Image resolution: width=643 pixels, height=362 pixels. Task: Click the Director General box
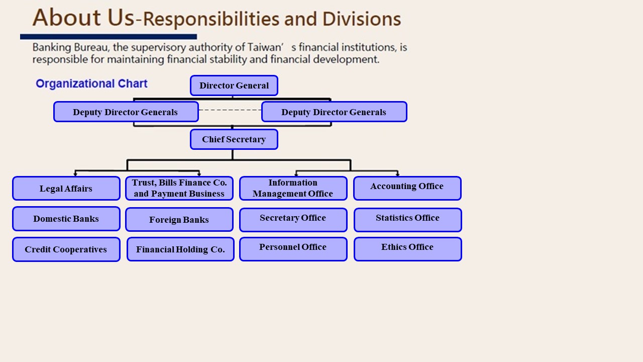click(x=234, y=85)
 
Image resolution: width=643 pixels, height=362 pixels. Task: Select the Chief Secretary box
click(x=234, y=139)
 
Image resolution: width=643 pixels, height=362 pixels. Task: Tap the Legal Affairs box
click(x=66, y=189)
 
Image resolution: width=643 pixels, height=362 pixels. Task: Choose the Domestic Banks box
click(x=66, y=219)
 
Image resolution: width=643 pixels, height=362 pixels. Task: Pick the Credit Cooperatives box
click(x=66, y=249)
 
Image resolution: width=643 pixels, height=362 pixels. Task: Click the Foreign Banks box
click(x=179, y=220)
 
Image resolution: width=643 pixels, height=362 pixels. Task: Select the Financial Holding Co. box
click(x=180, y=249)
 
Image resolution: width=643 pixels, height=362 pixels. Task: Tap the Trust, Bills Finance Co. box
click(x=179, y=188)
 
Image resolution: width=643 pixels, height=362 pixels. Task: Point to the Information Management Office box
click(x=293, y=188)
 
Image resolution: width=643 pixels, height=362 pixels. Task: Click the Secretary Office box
click(x=293, y=220)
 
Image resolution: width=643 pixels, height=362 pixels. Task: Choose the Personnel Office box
click(x=293, y=249)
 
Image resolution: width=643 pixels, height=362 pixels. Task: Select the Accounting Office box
click(x=407, y=188)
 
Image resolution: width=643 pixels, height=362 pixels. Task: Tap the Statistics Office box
click(x=407, y=220)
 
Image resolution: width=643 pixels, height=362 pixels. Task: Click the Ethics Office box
click(x=407, y=249)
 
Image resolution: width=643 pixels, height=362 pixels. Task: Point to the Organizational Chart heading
click(x=91, y=83)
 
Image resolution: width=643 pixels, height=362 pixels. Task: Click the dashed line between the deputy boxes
click(x=230, y=110)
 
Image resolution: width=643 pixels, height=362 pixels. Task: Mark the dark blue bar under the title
click(x=109, y=37)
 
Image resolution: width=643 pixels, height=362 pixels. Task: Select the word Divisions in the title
click(x=361, y=19)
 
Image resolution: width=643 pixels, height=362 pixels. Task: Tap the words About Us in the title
click(x=83, y=17)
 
